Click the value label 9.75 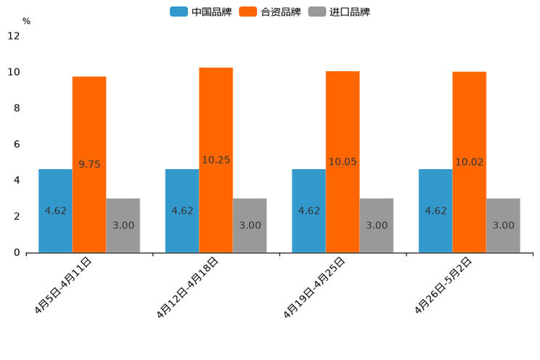89,165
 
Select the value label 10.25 216,160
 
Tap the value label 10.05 343,162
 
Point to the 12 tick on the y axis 14,36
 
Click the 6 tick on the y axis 17,144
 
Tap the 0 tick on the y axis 17,253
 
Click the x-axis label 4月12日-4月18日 187,287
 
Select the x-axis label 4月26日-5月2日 443,286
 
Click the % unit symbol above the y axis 26,21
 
